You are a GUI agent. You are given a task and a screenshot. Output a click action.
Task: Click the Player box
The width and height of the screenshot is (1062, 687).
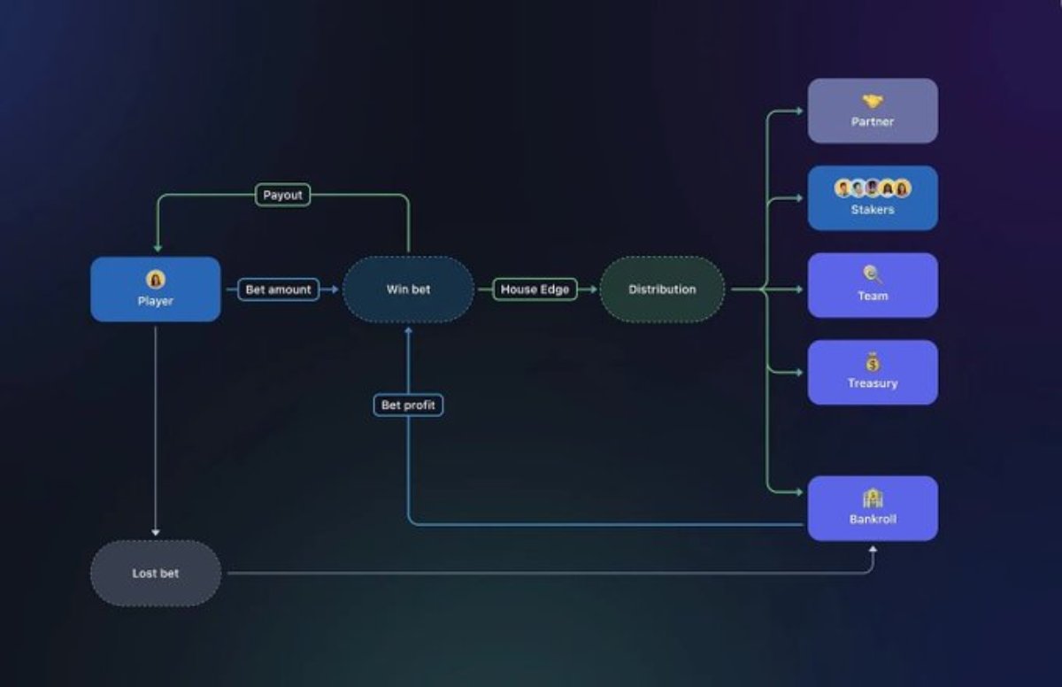[155, 289]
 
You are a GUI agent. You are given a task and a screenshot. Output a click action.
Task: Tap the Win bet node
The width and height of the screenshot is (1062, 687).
[408, 289]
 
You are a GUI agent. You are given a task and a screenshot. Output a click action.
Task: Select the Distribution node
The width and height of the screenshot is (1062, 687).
[662, 289]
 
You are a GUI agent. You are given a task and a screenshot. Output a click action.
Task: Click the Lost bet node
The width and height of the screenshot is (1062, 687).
[155, 574]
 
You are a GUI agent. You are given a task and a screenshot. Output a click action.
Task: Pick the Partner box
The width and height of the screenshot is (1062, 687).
[873, 111]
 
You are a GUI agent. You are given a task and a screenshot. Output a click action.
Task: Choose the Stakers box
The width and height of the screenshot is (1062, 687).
[873, 198]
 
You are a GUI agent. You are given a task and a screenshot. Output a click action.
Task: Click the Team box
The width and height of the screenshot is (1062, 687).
[873, 285]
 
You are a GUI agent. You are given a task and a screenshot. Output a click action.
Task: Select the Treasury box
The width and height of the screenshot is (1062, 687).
[873, 373]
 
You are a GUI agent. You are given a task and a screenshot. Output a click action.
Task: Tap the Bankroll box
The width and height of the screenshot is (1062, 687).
[873, 508]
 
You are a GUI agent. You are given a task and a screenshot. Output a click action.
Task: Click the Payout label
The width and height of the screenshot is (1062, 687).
[283, 195]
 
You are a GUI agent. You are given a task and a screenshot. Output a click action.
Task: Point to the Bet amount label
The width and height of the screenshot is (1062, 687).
[278, 289]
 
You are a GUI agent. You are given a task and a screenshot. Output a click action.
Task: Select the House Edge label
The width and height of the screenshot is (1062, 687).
[535, 289]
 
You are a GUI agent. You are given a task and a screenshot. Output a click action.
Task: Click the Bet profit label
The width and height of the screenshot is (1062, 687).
[408, 405]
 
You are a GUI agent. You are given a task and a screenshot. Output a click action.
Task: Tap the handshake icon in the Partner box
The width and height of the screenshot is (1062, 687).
[873, 102]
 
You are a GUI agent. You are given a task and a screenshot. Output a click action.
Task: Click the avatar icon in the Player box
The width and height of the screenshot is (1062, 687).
[156, 280]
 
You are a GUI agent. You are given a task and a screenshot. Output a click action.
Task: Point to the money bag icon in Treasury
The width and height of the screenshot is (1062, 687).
[873, 362]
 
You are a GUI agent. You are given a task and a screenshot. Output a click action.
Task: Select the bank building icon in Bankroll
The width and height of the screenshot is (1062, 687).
[873, 498]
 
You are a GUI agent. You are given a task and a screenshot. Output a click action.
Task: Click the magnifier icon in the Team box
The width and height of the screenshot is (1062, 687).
[873, 275]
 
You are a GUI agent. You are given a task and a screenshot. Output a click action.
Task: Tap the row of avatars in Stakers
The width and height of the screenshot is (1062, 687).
[873, 189]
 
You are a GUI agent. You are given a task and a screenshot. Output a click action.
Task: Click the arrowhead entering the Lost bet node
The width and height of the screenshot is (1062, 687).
[156, 532]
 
